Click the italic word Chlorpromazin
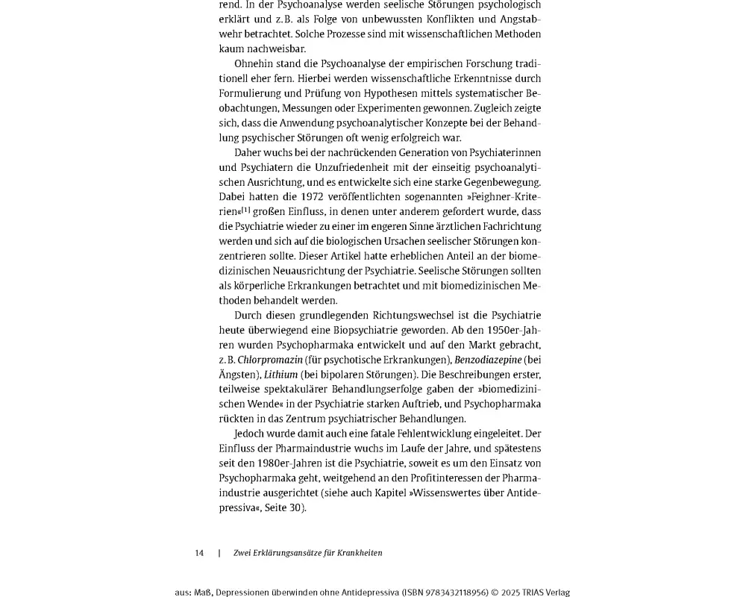(x=270, y=360)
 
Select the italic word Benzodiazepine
(x=489, y=360)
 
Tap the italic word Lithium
(x=280, y=375)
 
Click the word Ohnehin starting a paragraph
(x=253, y=63)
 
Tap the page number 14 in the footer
(x=199, y=553)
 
